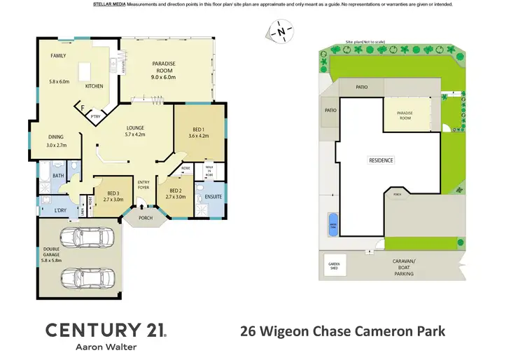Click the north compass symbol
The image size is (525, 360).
click(281, 31)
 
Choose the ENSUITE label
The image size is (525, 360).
click(213, 197)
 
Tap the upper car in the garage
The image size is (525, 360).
click(87, 237)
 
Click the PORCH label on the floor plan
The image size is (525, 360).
click(145, 217)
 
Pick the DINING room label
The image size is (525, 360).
click(56, 141)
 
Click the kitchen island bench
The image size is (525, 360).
click(85, 71)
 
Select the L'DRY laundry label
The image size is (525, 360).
click(50, 210)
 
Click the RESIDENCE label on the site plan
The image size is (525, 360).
click(381, 160)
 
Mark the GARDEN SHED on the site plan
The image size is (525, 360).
click(334, 266)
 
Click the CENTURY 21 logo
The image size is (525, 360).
click(105, 331)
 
